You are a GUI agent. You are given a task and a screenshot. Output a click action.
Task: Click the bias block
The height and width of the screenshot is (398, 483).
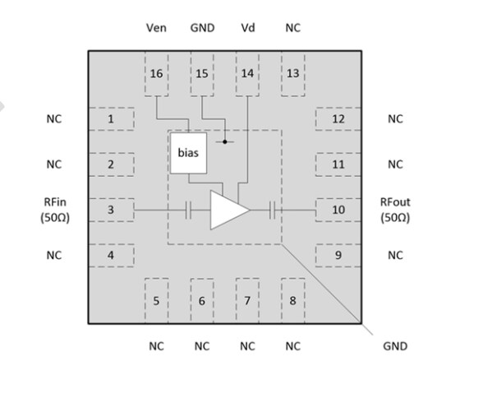click(x=188, y=152)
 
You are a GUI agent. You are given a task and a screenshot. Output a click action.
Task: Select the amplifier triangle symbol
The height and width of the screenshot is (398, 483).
click(x=228, y=211)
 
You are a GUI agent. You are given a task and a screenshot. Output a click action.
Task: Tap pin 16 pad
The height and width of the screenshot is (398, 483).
click(x=156, y=75)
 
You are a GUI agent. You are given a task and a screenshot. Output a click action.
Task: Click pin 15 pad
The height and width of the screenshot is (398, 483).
click(x=202, y=75)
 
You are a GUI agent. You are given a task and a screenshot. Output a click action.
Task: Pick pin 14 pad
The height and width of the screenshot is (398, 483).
click(x=247, y=75)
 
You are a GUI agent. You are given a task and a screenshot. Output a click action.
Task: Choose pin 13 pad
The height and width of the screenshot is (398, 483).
click(x=292, y=75)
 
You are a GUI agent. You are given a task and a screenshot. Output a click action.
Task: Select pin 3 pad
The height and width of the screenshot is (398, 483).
click(x=111, y=210)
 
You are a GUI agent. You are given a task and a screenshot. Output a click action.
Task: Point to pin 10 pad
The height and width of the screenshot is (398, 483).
click(x=338, y=210)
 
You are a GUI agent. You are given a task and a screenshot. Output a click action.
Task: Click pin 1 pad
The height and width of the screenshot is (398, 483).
click(x=111, y=119)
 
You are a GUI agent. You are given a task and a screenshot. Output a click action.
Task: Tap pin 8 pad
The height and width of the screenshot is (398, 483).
click(x=292, y=300)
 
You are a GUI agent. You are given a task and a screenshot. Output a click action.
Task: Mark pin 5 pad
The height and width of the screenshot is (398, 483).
click(x=156, y=300)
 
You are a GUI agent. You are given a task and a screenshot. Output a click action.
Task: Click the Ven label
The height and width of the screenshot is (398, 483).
click(x=156, y=28)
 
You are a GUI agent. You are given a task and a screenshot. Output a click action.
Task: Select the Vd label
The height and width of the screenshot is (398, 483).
click(x=247, y=28)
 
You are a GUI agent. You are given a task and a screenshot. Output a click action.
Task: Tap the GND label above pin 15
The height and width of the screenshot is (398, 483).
click(x=202, y=28)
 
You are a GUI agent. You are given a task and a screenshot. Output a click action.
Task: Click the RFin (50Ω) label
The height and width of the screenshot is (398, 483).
click(x=53, y=210)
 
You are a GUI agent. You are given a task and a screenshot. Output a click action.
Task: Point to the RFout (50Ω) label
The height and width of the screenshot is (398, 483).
click(x=395, y=210)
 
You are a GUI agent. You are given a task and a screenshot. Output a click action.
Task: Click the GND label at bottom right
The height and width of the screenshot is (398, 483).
click(x=395, y=346)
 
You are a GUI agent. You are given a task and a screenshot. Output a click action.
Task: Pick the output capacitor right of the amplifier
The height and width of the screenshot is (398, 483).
click(x=273, y=211)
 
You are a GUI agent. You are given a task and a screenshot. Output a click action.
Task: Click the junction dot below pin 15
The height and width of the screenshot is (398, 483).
click(x=224, y=141)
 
